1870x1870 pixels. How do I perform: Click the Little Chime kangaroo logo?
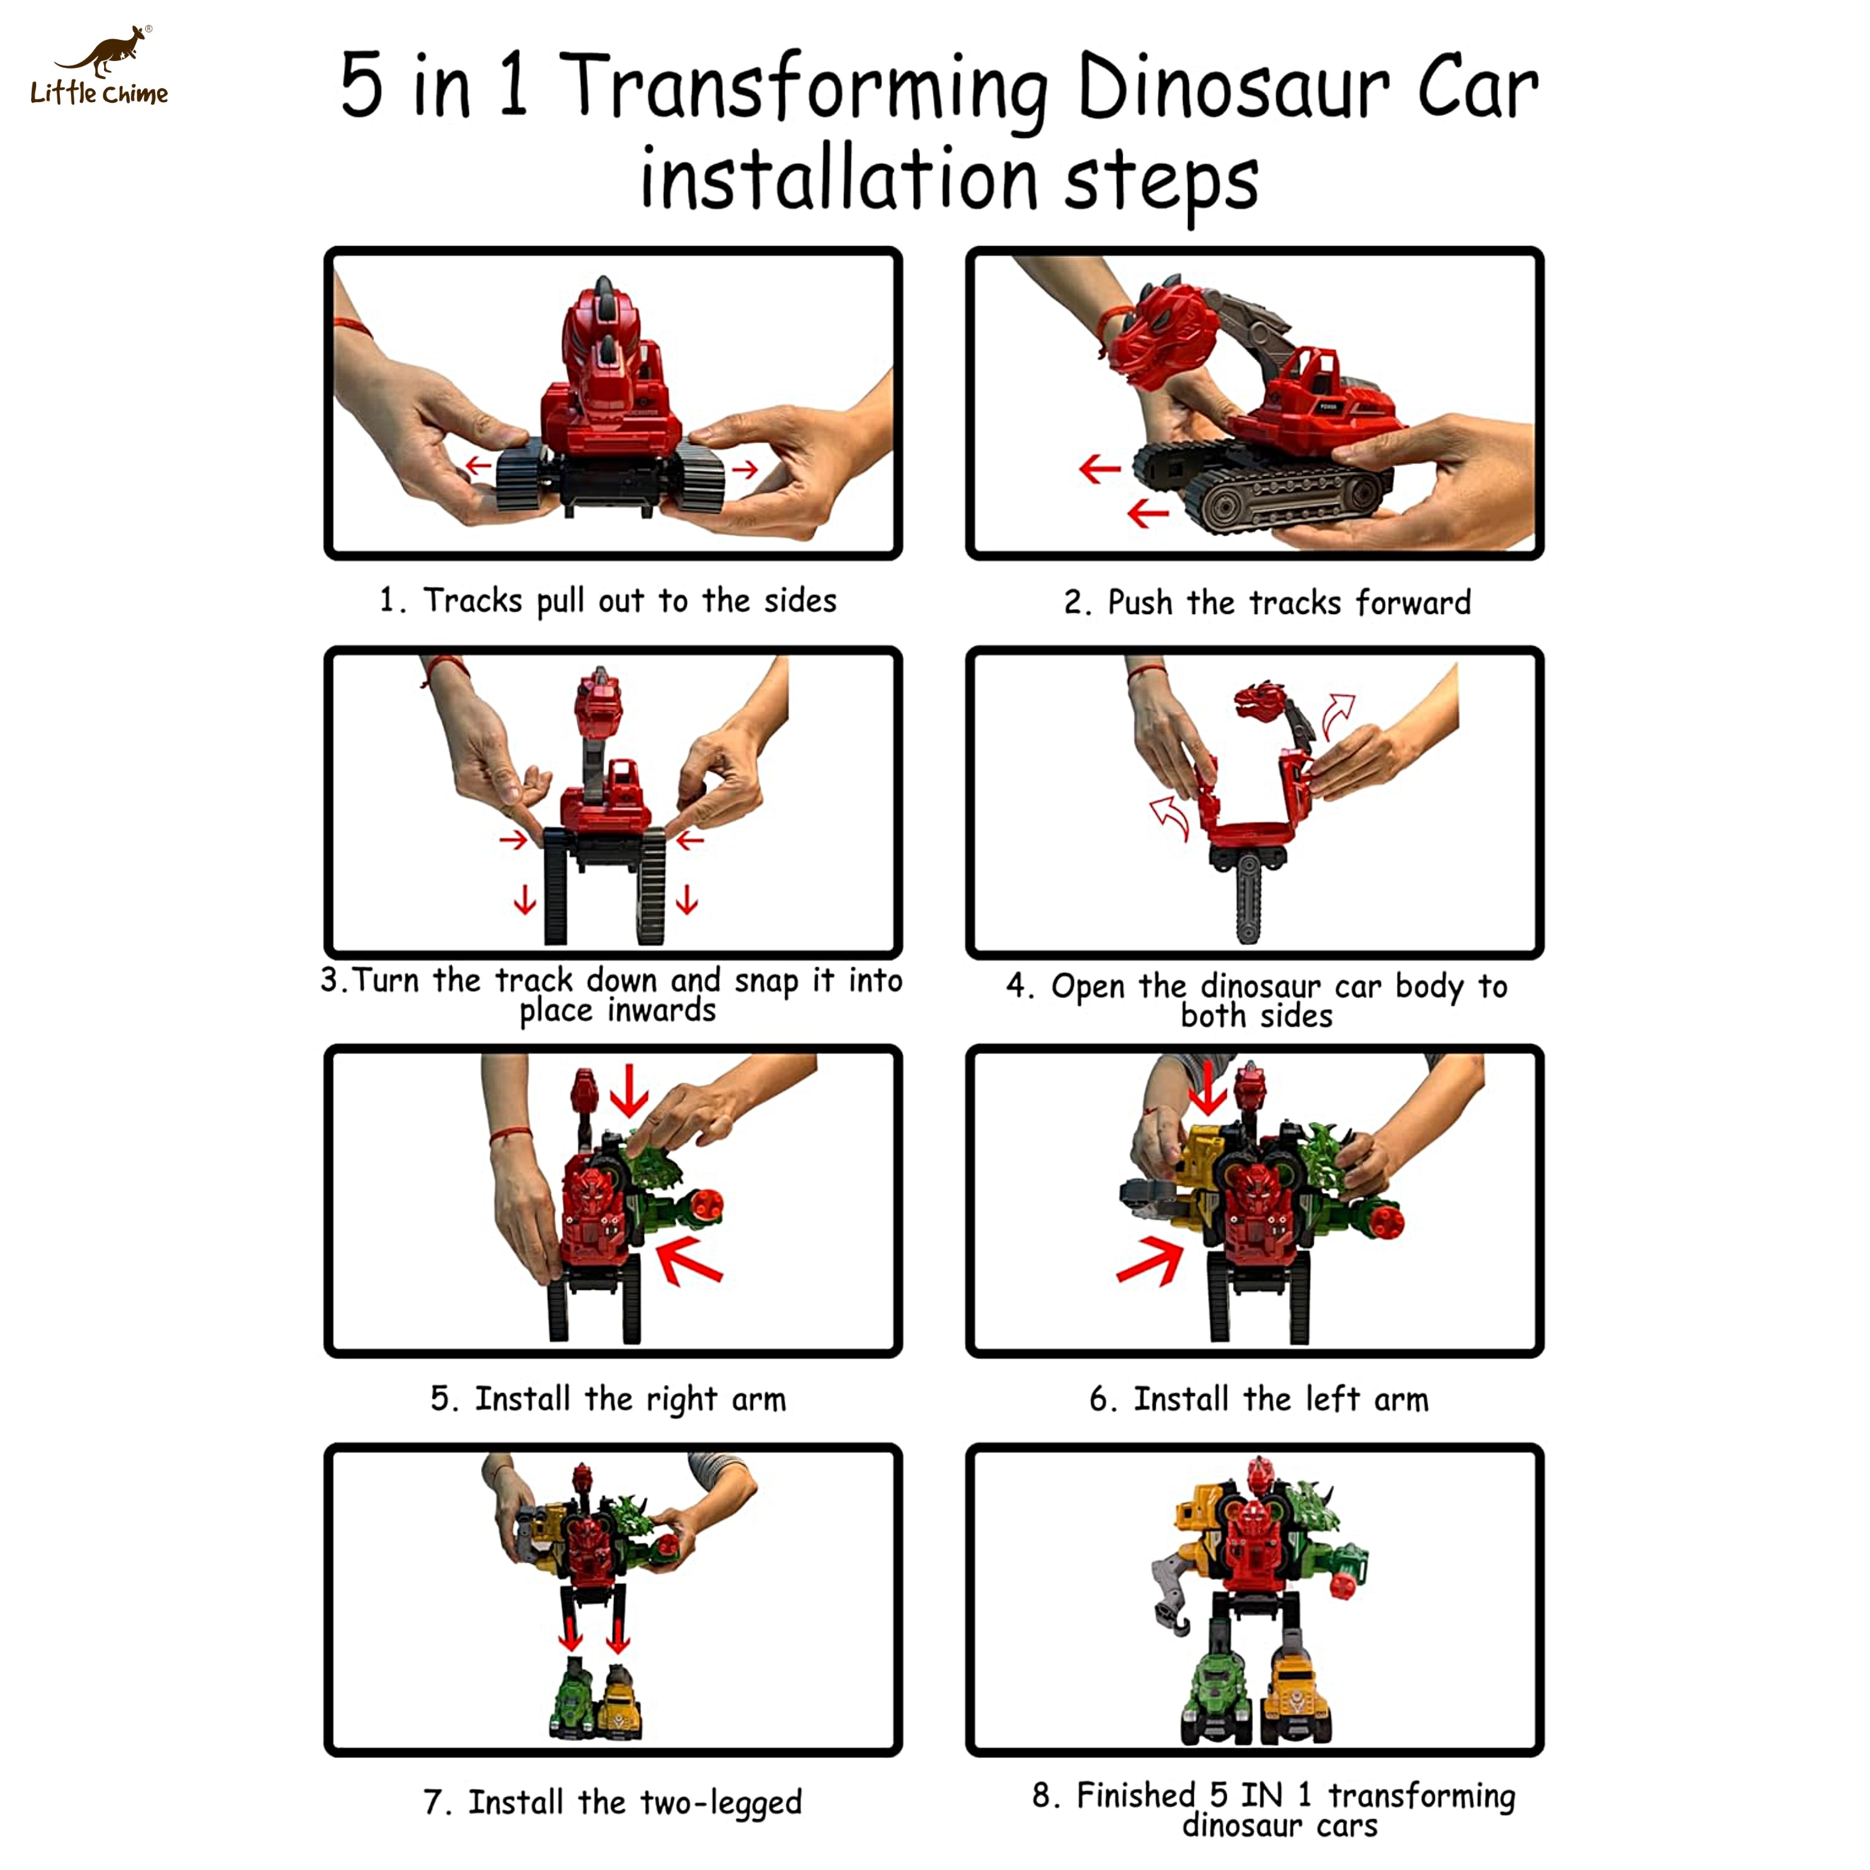click(x=100, y=64)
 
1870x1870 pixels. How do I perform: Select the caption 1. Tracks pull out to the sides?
click(x=608, y=601)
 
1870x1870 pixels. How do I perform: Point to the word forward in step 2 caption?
click(x=1412, y=603)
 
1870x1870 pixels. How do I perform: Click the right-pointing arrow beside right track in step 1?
click(x=744, y=471)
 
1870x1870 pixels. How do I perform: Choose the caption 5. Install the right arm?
click(x=608, y=1399)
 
